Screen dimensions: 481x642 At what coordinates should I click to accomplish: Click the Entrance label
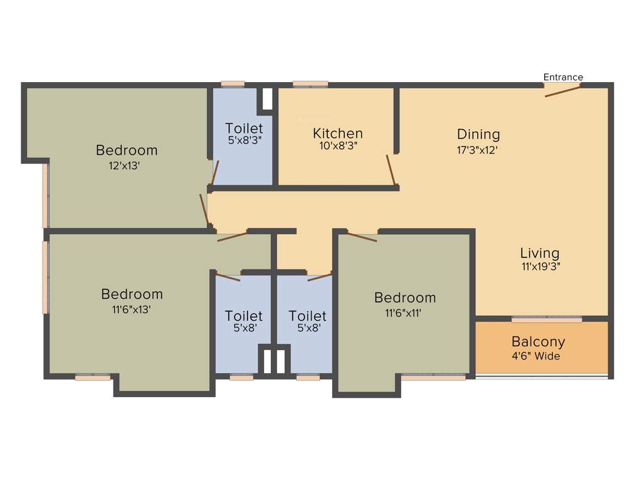(563, 77)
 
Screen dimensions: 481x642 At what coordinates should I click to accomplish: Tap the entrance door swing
(562, 91)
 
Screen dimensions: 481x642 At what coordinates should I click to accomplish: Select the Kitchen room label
(338, 133)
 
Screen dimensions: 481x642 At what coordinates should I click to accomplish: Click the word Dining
(478, 134)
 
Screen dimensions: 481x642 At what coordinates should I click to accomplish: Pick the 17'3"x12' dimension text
(478, 150)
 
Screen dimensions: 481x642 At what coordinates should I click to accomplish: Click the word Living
(540, 253)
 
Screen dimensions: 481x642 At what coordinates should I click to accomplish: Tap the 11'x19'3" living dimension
(540, 266)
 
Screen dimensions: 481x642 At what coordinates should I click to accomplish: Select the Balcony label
(538, 342)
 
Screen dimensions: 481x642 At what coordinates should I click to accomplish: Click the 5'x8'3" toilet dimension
(244, 140)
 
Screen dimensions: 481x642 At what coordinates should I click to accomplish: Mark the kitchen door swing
(391, 170)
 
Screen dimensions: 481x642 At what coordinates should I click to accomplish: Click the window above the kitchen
(310, 85)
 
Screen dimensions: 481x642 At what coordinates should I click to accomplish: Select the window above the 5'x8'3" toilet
(233, 85)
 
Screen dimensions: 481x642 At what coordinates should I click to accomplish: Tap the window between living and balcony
(547, 319)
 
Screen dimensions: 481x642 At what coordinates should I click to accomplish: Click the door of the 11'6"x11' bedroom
(362, 237)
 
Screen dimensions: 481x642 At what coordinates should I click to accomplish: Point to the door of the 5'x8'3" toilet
(215, 173)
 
